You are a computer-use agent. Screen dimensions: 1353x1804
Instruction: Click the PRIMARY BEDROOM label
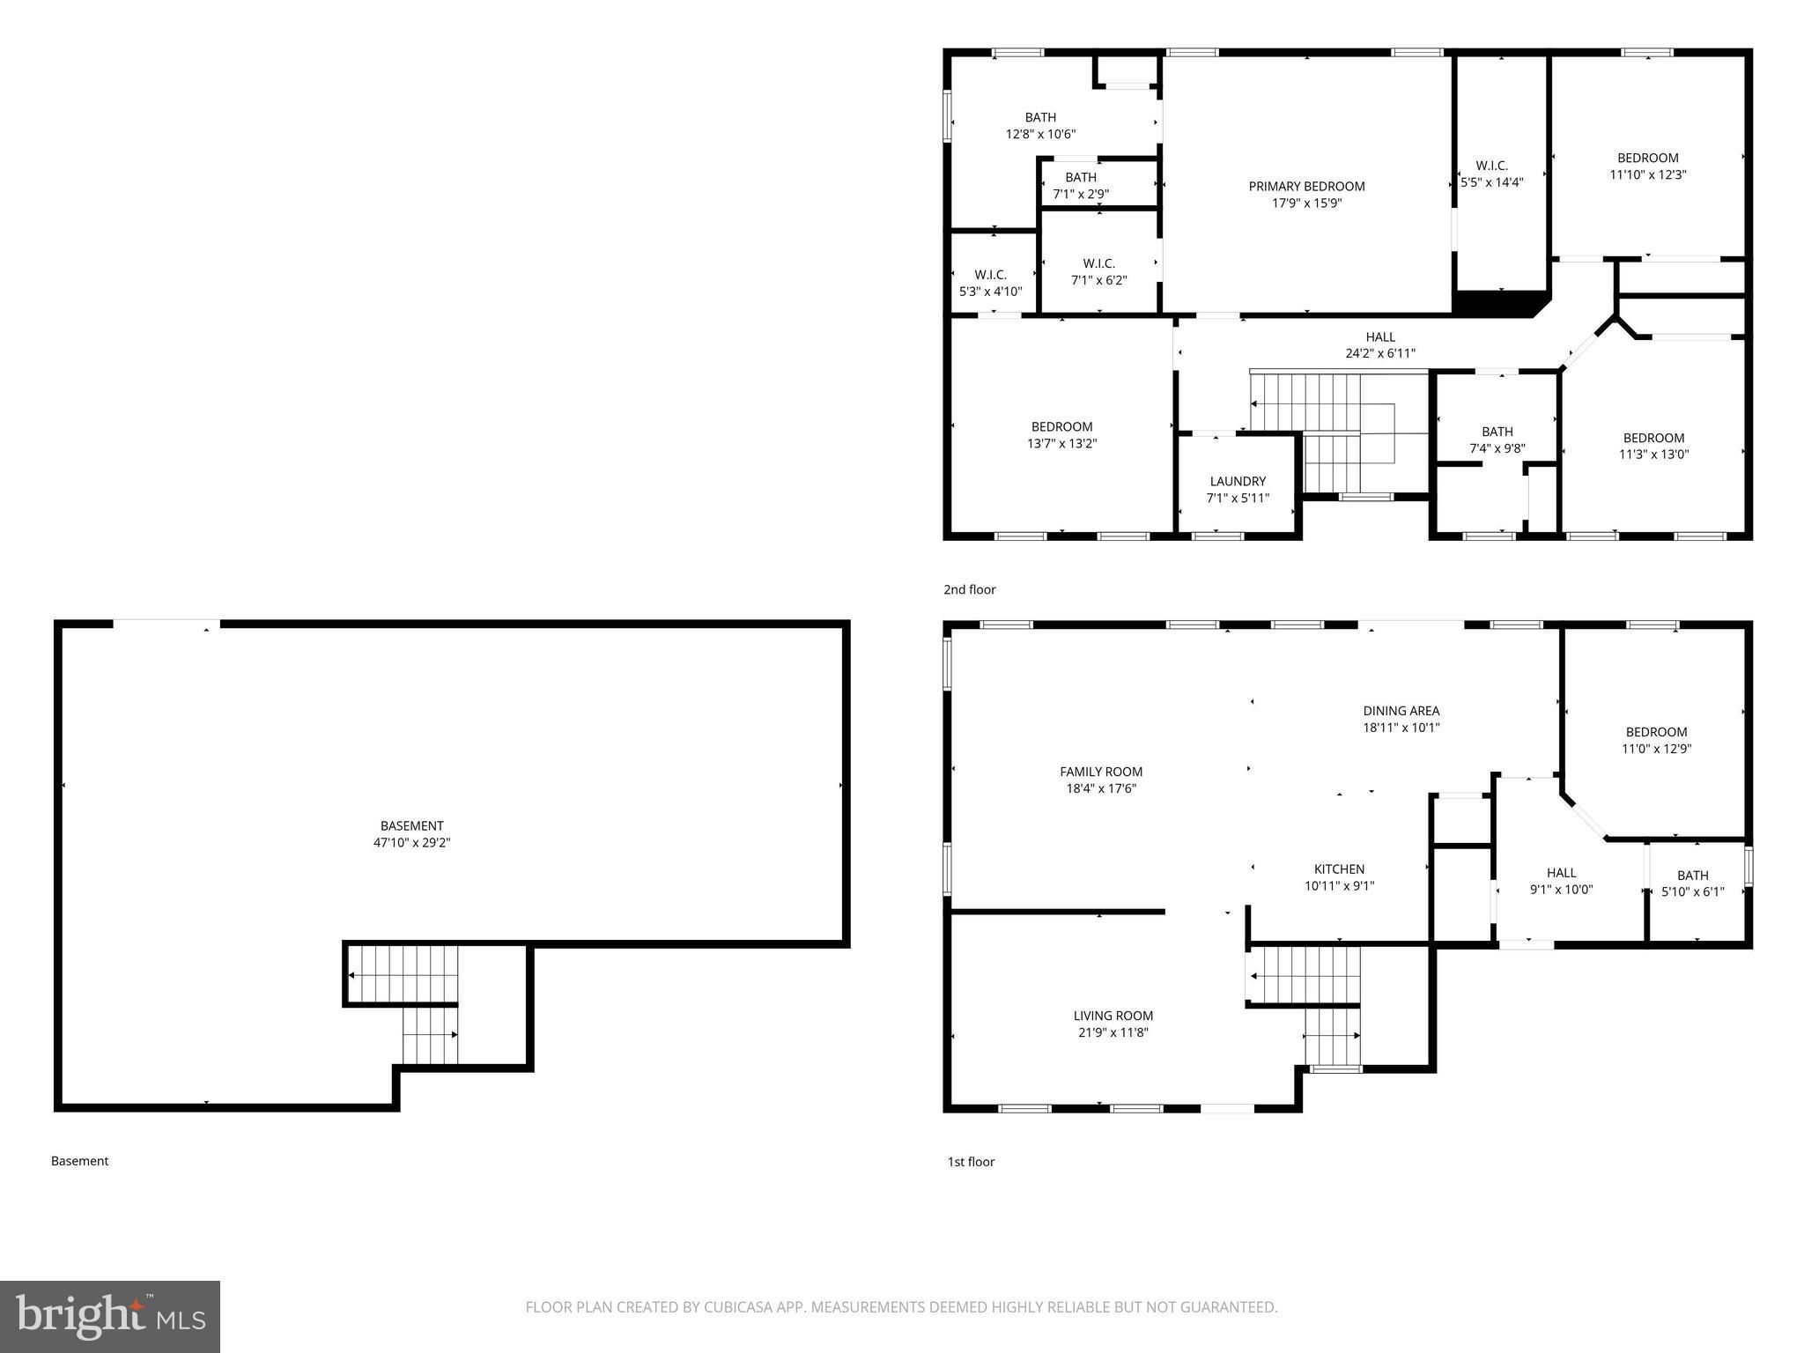tap(1306, 187)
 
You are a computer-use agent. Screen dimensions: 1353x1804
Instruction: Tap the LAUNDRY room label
tap(1238, 482)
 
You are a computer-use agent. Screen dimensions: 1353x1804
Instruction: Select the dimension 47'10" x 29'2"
tap(411, 843)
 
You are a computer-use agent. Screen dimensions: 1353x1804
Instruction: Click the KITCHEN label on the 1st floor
tap(1339, 869)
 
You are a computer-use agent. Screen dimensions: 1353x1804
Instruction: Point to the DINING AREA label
tap(1401, 711)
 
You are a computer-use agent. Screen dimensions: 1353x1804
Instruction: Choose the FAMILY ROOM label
tap(1101, 773)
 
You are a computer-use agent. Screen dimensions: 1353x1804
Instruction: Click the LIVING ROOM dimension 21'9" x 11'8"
tap(1113, 1032)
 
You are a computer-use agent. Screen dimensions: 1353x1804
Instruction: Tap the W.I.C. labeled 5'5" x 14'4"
tap(1491, 174)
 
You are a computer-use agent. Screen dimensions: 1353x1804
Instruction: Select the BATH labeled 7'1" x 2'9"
tap(1081, 186)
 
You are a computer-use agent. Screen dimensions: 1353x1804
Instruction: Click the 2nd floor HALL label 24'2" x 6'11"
tap(1380, 345)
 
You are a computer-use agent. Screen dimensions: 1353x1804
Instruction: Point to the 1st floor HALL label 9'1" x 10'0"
tap(1561, 881)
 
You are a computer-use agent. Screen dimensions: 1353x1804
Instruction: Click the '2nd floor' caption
tap(969, 589)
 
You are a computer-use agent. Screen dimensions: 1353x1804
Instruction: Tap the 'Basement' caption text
tap(79, 1161)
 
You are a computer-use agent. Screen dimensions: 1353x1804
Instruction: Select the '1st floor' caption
tap(971, 1162)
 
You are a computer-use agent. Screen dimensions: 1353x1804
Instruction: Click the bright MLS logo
tap(110, 1316)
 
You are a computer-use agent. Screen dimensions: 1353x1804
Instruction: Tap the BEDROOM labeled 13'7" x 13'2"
tap(1061, 435)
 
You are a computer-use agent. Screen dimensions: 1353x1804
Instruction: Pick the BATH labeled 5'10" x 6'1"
tap(1692, 884)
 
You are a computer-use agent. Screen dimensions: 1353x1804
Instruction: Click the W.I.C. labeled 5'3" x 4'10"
tap(990, 283)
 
